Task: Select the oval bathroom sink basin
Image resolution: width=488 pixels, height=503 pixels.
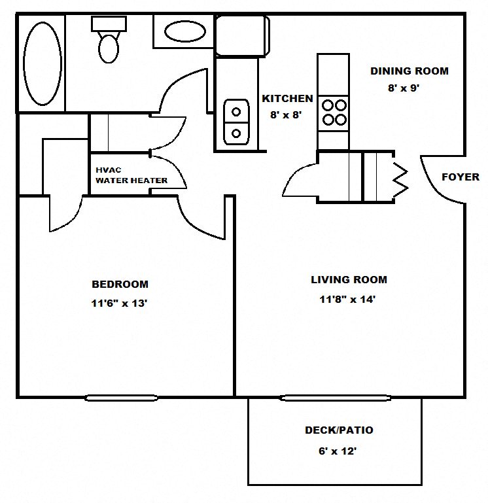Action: (184, 31)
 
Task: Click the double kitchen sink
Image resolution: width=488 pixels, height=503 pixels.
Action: (236, 122)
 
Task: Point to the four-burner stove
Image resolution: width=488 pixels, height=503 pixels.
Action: (334, 111)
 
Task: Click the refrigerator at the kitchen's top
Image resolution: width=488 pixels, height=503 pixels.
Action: (242, 35)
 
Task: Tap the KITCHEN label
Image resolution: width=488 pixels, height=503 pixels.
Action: (287, 99)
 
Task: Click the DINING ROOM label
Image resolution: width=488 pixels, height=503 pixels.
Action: (410, 71)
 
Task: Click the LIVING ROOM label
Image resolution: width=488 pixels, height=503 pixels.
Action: (349, 280)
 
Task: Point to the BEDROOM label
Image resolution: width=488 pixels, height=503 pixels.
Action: (120, 285)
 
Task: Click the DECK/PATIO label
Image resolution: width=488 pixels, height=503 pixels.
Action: (339, 430)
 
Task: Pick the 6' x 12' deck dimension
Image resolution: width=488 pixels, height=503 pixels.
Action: (338, 451)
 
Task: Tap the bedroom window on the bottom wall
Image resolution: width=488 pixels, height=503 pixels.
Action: (122, 397)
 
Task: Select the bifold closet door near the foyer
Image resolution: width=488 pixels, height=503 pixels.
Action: (399, 177)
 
